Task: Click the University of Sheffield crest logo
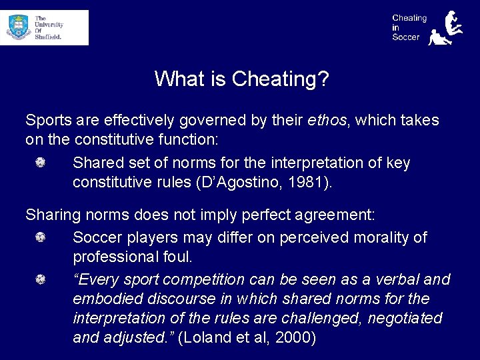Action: (x=19, y=27)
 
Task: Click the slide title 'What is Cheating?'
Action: (x=241, y=79)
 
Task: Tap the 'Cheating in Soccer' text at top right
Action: (x=409, y=27)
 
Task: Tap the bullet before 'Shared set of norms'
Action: (x=41, y=163)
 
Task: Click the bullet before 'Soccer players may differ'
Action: (x=41, y=237)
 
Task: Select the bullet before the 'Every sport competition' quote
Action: (x=41, y=279)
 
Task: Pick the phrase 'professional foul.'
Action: (x=132, y=257)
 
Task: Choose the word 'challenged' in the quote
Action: (x=294, y=318)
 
